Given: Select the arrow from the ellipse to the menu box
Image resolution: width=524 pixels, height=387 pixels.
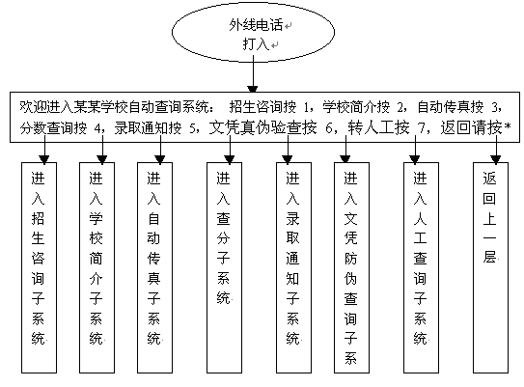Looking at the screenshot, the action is [x=253, y=74].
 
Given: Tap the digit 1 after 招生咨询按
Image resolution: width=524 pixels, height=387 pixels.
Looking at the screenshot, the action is [x=307, y=107].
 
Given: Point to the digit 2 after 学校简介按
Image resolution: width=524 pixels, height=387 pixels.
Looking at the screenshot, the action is [x=400, y=107].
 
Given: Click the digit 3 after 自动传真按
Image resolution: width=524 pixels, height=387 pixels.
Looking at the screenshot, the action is [x=495, y=107].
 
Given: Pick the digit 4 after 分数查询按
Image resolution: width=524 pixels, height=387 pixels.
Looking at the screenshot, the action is [x=97, y=128].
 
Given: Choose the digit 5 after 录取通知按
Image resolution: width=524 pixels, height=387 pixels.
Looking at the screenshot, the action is [x=192, y=128].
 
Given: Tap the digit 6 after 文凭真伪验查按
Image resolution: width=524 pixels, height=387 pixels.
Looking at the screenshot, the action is [x=329, y=128].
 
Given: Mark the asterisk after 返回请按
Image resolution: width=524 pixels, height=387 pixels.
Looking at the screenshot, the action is [x=508, y=126].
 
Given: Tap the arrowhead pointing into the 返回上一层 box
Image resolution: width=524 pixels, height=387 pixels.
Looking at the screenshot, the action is [x=496, y=159].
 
